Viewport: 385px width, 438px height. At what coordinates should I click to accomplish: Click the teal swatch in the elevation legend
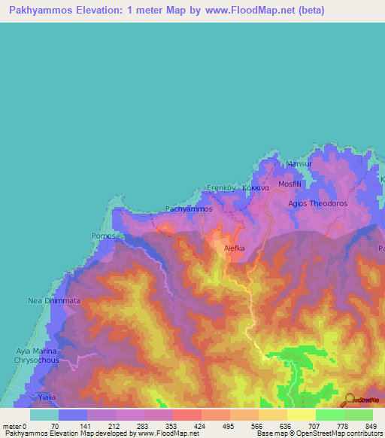pos(44,415)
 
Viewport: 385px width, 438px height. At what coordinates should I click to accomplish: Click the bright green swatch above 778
pos(329,415)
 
